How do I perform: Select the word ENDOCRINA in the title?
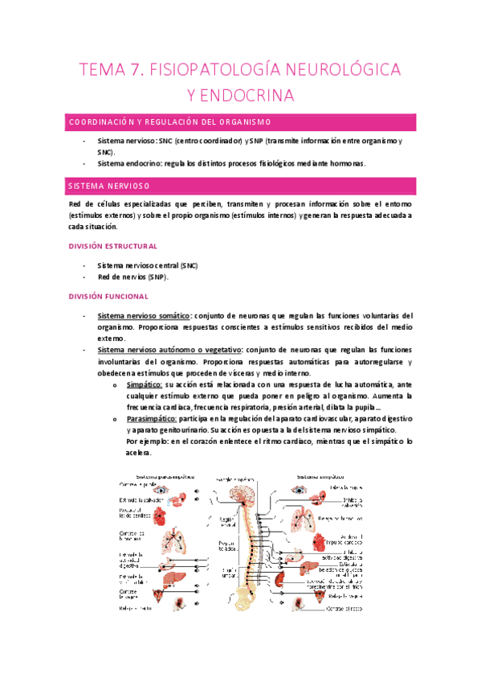point(241,97)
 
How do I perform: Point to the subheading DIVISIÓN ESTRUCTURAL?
point(113,246)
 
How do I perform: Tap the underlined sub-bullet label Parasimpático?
point(154,420)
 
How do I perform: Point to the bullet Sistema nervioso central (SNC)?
point(147,265)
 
